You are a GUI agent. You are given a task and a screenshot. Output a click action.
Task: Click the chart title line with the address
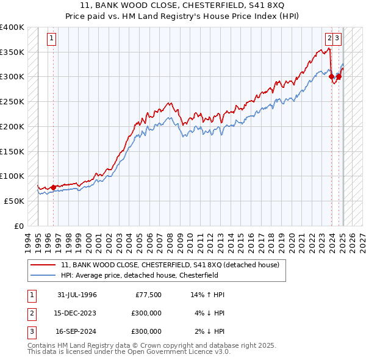pyautogui.click(x=183, y=6)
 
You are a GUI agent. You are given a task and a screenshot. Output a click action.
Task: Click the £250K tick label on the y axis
pyautogui.click(x=12, y=101)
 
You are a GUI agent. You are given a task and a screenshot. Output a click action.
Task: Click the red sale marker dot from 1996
pyautogui.click(x=53, y=187)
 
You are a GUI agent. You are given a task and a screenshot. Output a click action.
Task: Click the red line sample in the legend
pyautogui.click(x=43, y=265)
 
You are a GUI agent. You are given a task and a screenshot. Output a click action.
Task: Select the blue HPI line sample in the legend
pyautogui.click(x=43, y=275)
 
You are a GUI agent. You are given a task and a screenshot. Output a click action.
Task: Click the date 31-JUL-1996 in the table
pyautogui.click(x=77, y=295)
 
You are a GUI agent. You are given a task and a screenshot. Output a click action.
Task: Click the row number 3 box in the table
pyautogui.click(x=30, y=331)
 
